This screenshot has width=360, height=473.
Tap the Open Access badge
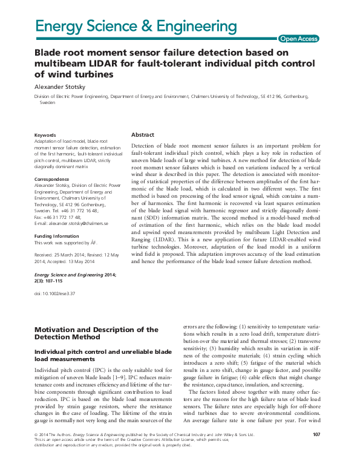click(298, 39)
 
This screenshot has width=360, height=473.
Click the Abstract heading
click(143, 135)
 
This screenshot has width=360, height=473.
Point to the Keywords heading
click(45, 135)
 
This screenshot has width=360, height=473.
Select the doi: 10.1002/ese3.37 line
click(54, 293)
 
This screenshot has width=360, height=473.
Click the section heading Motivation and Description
click(97, 330)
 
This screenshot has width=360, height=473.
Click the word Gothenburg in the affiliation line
click(294, 96)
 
